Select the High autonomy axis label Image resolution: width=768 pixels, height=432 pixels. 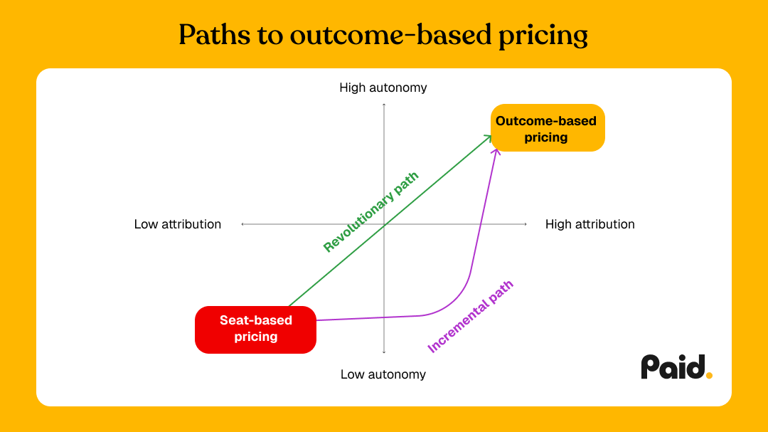coord(383,88)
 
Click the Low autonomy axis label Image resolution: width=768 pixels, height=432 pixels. coord(383,374)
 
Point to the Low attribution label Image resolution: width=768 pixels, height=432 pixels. coord(178,224)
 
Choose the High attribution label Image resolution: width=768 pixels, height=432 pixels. coord(590,224)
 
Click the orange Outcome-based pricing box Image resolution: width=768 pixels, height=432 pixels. coord(547,129)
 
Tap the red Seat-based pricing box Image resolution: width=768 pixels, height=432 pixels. coord(255,329)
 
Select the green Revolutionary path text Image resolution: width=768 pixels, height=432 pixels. coord(370,212)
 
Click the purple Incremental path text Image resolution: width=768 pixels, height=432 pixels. coord(470,317)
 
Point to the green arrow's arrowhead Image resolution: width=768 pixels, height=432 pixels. coord(489,137)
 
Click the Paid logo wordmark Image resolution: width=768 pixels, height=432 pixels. coord(673,367)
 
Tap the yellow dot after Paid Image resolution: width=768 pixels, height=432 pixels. coord(709,375)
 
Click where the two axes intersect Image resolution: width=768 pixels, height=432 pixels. coord(384,224)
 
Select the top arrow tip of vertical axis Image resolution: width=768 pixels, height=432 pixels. coord(384,105)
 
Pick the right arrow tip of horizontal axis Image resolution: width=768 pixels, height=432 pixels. coord(526,224)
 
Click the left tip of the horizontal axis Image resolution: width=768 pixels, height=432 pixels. coord(242,224)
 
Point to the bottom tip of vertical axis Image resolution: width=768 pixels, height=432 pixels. coord(384,352)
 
